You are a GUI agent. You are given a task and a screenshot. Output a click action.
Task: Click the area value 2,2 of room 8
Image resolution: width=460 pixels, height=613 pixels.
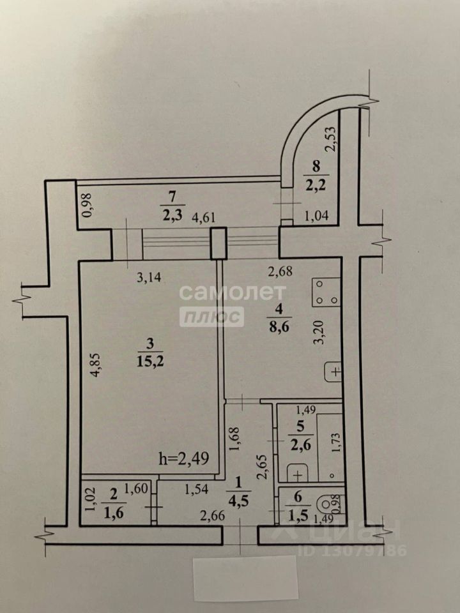(314, 185)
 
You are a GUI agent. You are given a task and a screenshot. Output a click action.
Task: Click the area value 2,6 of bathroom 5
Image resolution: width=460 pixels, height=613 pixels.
(296, 446)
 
